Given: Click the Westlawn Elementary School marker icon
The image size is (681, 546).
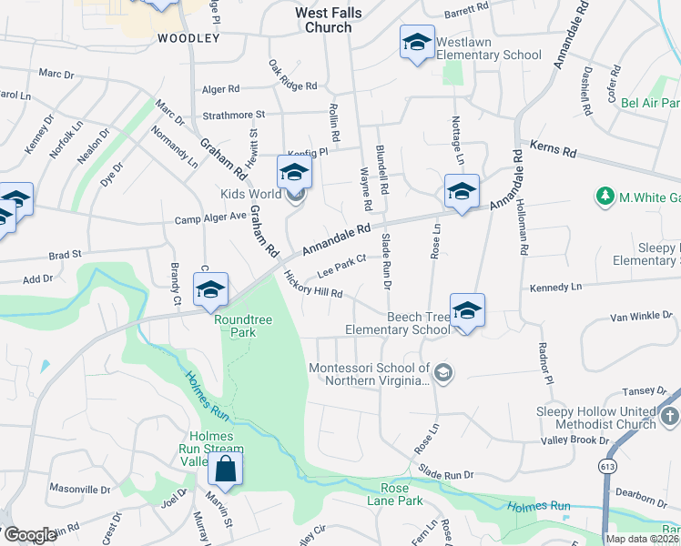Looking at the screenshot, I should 417,43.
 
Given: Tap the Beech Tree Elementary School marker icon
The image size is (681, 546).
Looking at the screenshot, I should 467,311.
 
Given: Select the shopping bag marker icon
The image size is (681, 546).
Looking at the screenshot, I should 225,470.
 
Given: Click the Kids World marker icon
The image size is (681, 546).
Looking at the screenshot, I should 294,172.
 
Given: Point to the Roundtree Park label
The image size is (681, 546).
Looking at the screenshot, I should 235,326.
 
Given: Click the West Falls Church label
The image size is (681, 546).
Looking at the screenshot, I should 323,20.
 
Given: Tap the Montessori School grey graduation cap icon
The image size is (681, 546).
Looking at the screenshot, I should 442,372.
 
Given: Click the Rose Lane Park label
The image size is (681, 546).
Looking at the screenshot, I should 395,494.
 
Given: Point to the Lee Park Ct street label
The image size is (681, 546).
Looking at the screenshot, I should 341,265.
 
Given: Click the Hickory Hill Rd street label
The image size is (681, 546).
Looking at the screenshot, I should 312,286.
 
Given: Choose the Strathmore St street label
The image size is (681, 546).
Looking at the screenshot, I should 233,115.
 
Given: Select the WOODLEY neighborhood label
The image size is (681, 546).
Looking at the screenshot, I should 188,38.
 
